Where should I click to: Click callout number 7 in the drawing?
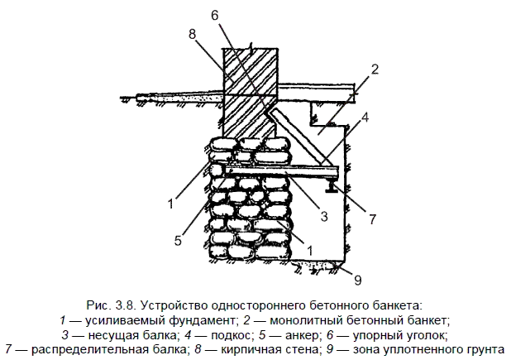372,219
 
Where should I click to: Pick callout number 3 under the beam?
325,217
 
